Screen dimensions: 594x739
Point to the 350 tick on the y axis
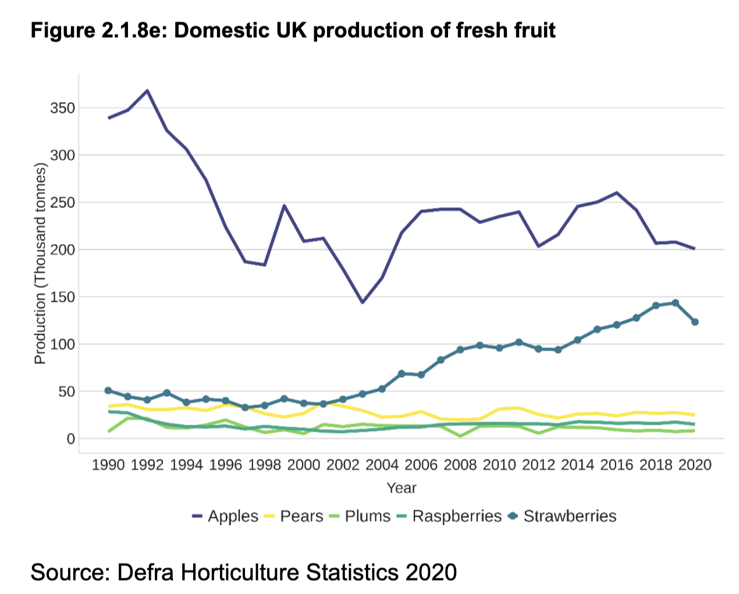coord(63,108)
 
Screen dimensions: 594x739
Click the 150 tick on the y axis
coord(63,297)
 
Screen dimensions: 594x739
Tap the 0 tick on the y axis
coord(70,439)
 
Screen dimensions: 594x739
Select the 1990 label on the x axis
coord(108,465)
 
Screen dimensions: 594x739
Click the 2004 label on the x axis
coord(382,465)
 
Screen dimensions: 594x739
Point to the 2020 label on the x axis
coord(695,465)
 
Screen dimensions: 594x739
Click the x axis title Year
coord(402,488)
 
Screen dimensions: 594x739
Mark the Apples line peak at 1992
coord(147,91)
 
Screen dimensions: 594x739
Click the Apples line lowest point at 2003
coord(363,302)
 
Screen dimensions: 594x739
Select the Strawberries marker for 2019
coord(675,303)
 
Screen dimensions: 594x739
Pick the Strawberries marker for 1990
coord(108,391)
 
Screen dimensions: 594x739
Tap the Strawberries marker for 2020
coord(695,322)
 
